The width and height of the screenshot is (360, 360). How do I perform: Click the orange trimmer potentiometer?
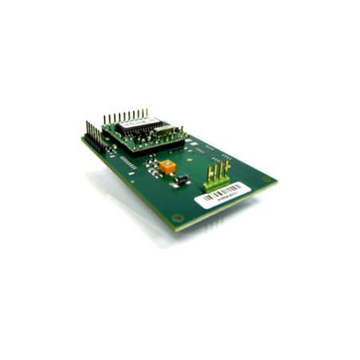[x=167, y=167]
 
